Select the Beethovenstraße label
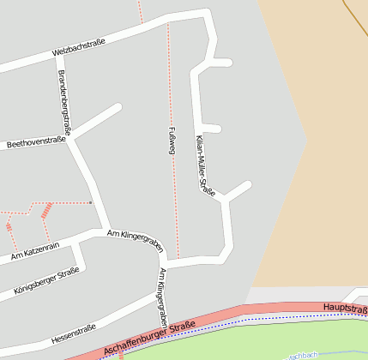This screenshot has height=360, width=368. pyautogui.click(x=36, y=143)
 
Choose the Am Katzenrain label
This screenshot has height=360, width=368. pyautogui.click(x=35, y=251)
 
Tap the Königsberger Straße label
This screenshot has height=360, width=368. pyautogui.click(x=46, y=281)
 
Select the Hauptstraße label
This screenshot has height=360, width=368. pyautogui.click(x=345, y=308)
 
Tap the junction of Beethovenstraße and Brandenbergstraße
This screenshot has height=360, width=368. pyautogui.click(x=74, y=137)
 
